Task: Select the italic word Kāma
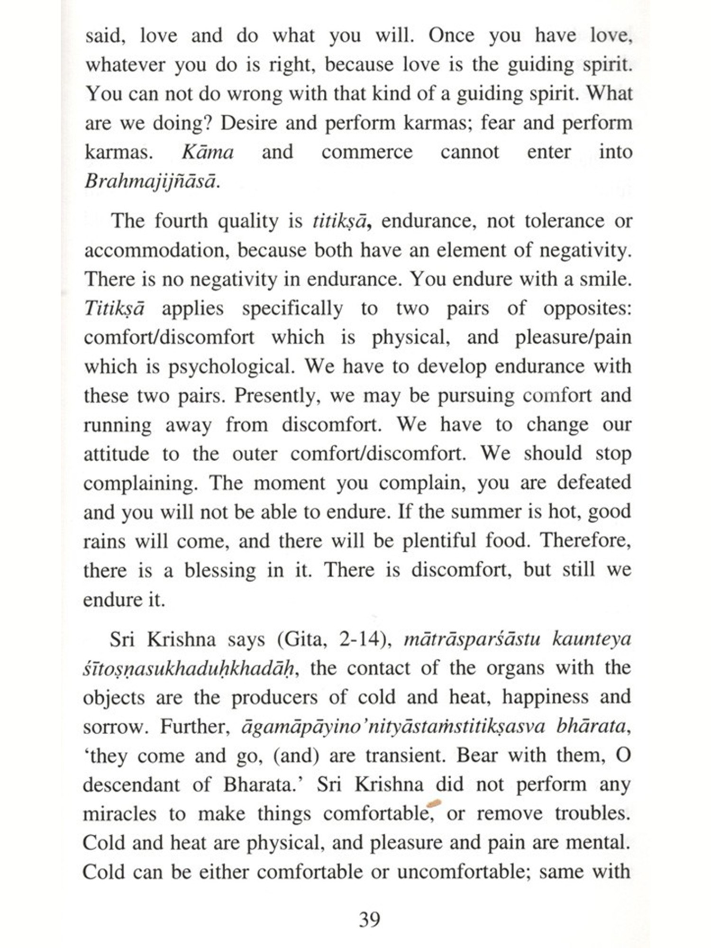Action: pyautogui.click(x=208, y=152)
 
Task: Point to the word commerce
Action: pyautogui.click(x=367, y=152)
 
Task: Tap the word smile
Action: pyautogui.click(x=605, y=279)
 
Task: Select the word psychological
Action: pyautogui.click(x=231, y=366)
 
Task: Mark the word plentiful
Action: pyautogui.click(x=439, y=541)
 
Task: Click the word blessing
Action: pyautogui.click(x=220, y=570)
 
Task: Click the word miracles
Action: pyautogui.click(x=119, y=814)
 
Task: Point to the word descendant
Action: pyautogui.click(x=130, y=784)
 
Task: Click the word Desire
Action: pyautogui.click(x=249, y=123)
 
